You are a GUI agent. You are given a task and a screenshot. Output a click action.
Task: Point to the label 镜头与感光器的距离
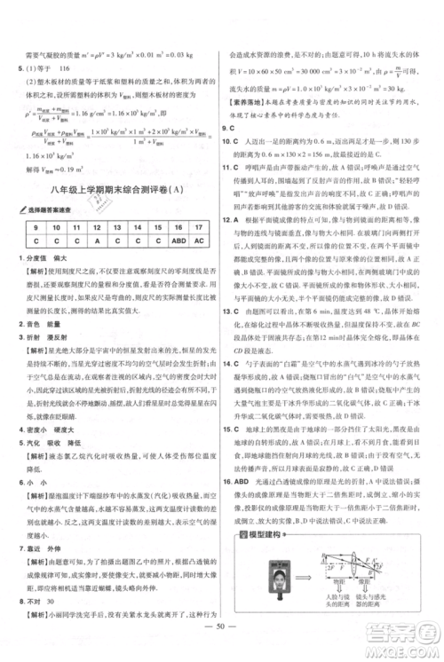pyautogui.click(x=380, y=601)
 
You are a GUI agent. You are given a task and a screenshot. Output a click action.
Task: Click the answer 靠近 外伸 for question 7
pyautogui.click(x=37, y=548)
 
